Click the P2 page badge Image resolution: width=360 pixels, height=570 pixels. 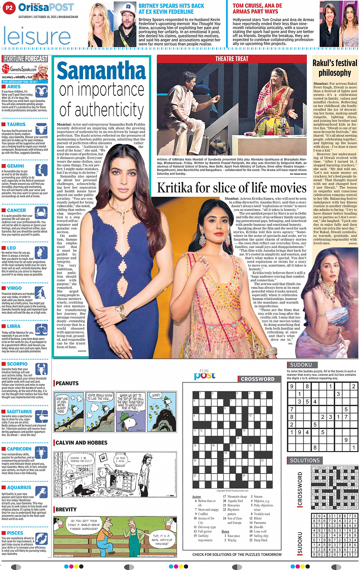pos(9,7)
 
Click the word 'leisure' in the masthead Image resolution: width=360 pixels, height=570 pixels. pos(37,36)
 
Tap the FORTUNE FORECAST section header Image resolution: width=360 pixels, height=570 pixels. pos(26,59)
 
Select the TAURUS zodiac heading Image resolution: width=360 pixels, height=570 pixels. pos(16,125)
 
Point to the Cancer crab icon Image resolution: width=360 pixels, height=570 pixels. pos(41,212)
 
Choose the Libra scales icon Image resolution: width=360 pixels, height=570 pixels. pos(41,329)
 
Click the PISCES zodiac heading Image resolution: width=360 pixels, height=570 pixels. pos(15,533)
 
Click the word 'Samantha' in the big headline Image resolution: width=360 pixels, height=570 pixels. pos(101,71)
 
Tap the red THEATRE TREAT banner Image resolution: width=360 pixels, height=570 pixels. pos(232,59)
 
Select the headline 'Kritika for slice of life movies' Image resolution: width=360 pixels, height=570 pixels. pos(232,188)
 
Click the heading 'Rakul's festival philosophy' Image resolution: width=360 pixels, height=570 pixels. pos(335,68)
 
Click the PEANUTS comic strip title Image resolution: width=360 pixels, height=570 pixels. pos(67,383)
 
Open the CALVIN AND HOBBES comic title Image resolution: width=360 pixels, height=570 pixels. pos(82,443)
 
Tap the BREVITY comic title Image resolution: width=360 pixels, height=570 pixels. pos(66,509)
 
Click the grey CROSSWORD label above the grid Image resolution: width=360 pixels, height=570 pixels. pos(258,379)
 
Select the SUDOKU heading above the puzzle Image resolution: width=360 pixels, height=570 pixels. pos(301,365)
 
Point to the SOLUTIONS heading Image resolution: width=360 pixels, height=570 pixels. pos(305,460)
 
